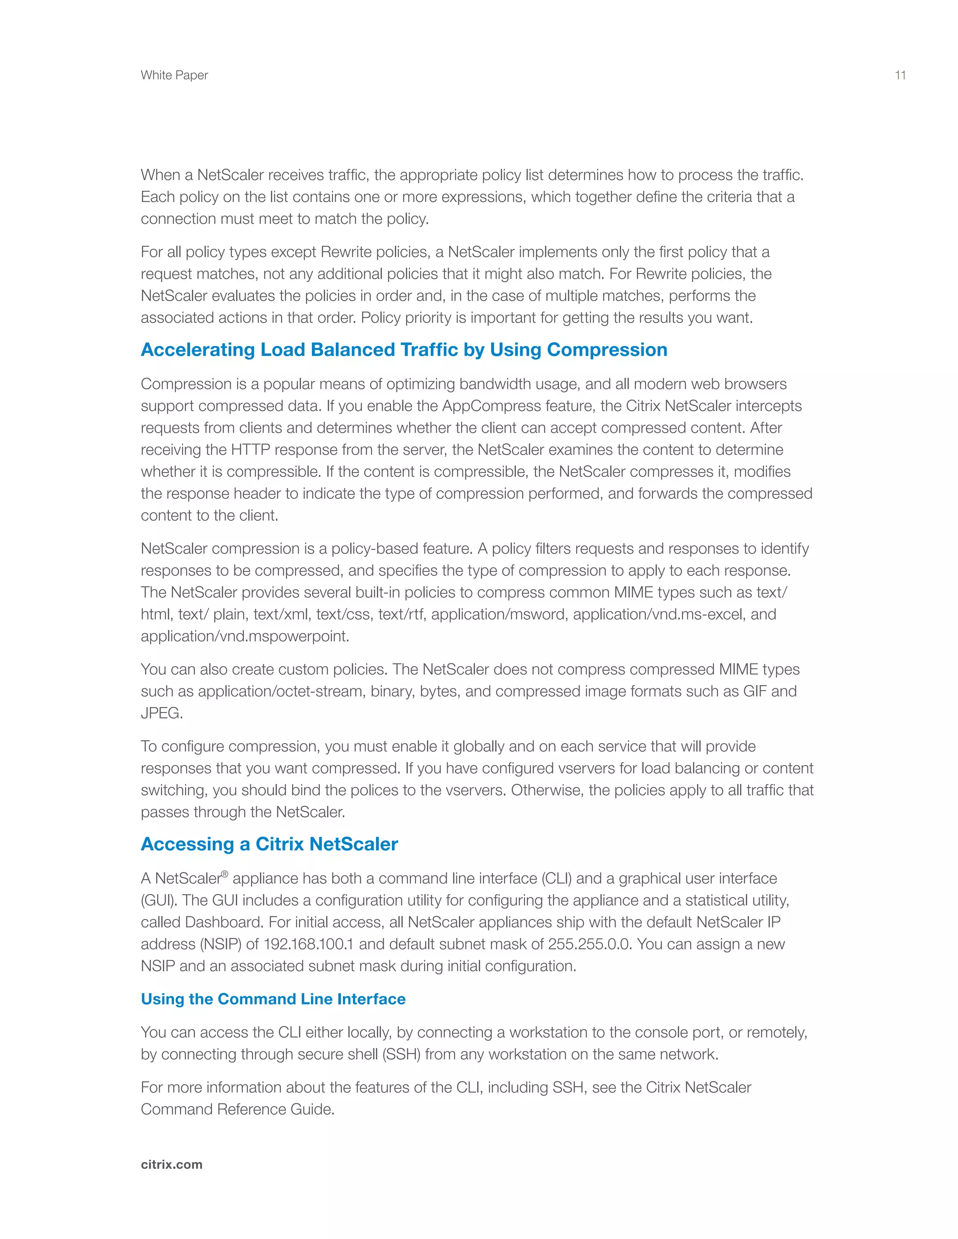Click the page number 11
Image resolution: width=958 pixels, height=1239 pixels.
coord(900,75)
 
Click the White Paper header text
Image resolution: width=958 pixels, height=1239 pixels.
coord(174,75)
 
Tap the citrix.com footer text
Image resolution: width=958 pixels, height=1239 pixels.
coord(171,1165)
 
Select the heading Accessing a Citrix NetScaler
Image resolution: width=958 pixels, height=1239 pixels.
coord(269,844)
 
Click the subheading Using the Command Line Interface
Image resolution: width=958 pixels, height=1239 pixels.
coord(273,999)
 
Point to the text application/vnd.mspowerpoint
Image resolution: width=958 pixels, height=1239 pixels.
coord(245,636)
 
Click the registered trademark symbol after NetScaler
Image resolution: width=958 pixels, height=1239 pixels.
coord(225,874)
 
